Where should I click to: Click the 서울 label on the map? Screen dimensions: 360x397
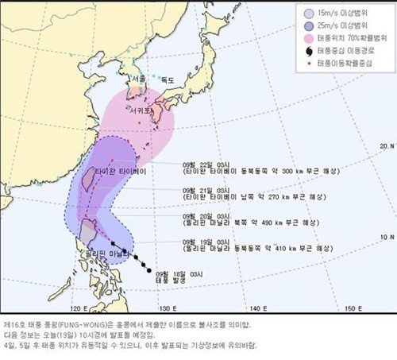(139, 79)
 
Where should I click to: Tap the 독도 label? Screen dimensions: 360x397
(167, 80)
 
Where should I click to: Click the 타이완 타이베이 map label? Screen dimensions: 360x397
(118, 172)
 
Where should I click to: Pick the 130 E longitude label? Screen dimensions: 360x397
(167, 308)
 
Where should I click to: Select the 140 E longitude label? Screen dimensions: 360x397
(256, 308)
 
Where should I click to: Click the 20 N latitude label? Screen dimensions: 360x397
(387, 145)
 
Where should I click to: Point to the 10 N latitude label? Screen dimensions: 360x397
(387, 238)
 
